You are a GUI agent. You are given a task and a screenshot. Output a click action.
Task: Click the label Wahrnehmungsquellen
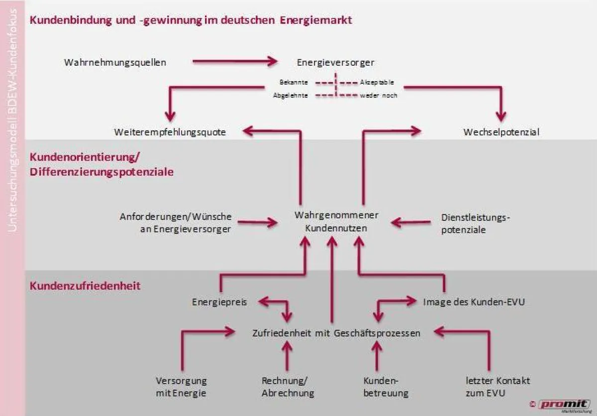(x=115, y=62)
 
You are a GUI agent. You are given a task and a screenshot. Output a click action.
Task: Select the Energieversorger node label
(x=335, y=63)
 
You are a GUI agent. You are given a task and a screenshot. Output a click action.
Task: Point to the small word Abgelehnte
(x=291, y=95)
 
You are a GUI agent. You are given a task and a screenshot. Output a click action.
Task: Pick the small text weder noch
(x=378, y=95)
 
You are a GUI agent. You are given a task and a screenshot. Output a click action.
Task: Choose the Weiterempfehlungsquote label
(x=170, y=132)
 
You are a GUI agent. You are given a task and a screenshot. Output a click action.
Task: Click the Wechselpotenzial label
(x=501, y=132)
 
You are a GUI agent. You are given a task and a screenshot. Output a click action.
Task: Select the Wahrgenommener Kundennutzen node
(x=336, y=222)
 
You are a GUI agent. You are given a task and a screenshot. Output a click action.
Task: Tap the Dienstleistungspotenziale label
(x=476, y=224)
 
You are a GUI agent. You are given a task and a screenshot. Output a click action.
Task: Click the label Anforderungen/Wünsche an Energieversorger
(x=176, y=223)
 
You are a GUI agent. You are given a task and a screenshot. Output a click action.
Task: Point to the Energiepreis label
(x=219, y=302)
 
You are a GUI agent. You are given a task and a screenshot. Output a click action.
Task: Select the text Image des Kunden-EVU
(x=474, y=302)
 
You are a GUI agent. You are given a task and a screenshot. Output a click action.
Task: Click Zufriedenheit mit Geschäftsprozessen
(x=336, y=333)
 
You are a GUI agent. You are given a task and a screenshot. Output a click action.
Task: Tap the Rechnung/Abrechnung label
(x=288, y=387)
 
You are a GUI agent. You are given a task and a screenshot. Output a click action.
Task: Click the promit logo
(x=564, y=405)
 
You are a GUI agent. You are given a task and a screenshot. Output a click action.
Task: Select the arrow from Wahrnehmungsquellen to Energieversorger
(x=234, y=61)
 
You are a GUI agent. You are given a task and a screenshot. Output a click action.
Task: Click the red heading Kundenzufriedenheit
(x=85, y=286)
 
